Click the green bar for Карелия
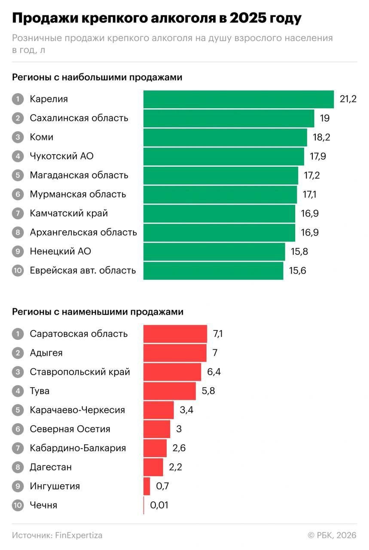[x=238, y=99]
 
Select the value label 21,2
[x=348, y=99]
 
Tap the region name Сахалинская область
[x=79, y=118]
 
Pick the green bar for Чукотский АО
[x=223, y=156]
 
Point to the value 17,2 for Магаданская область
[x=311, y=175]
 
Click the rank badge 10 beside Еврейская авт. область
[x=18, y=271]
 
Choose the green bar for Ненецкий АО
[x=214, y=251]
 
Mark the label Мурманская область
[x=78, y=194]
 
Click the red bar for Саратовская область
[x=175, y=334]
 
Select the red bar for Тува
[x=169, y=391]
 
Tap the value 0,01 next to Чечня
[x=159, y=505]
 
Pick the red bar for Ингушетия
[x=146, y=486]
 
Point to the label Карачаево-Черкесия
[x=77, y=410]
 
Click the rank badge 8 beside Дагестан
[x=18, y=467]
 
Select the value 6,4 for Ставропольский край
[x=214, y=372]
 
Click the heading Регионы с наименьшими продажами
[x=98, y=312]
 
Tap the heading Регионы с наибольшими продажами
[x=97, y=77]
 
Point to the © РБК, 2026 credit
[x=332, y=535]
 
